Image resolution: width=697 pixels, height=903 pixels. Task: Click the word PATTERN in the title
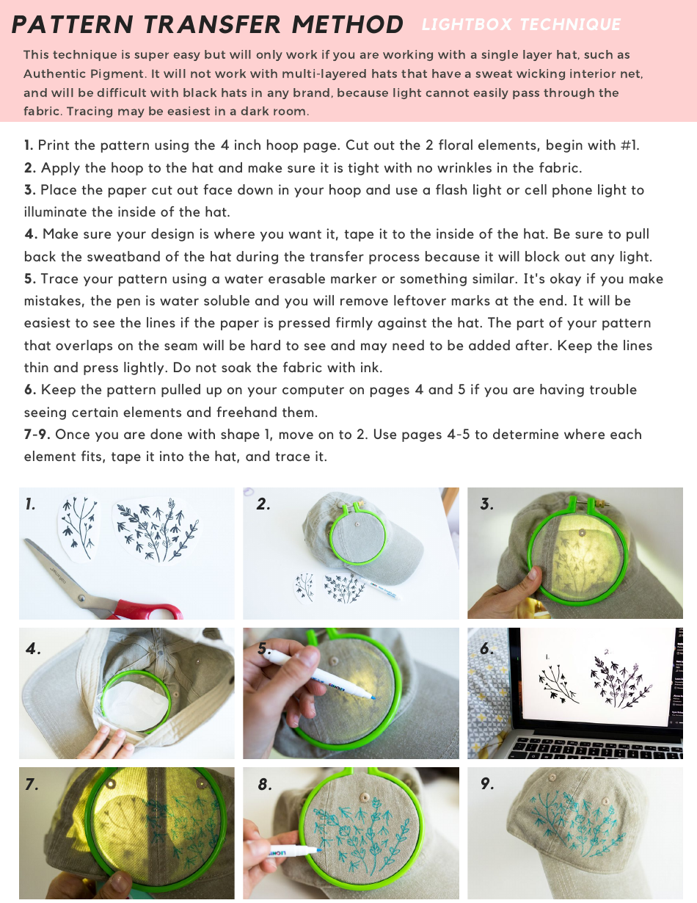[x=73, y=24]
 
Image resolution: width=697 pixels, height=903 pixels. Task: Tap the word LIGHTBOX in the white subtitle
[x=467, y=24]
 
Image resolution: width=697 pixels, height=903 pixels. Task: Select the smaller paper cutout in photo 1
[x=79, y=528]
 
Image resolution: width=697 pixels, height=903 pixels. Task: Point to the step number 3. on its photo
[x=487, y=504]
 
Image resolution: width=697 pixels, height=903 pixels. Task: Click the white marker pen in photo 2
[x=382, y=590]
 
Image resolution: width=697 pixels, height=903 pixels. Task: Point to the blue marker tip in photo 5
[x=373, y=697]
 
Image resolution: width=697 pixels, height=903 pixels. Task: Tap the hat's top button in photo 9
[x=552, y=777]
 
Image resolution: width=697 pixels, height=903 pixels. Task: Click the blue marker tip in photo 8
[x=318, y=850]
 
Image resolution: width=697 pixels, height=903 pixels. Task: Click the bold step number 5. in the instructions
[x=30, y=279]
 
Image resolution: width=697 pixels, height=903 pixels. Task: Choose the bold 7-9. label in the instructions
[x=37, y=435]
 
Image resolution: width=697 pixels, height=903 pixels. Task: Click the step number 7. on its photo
[x=32, y=785]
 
